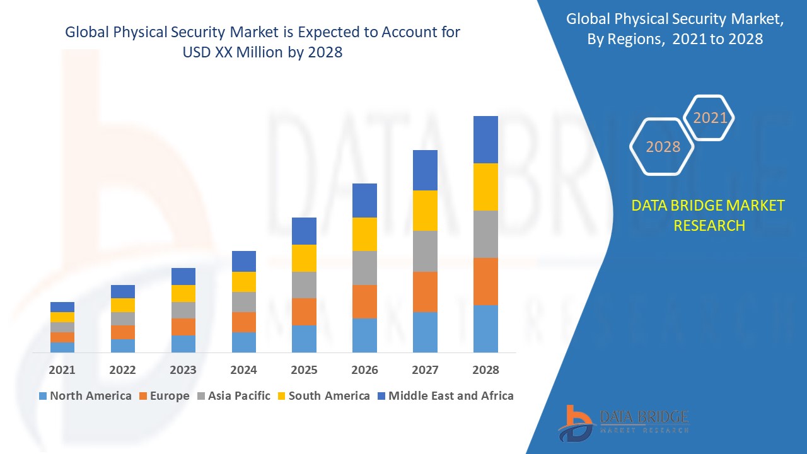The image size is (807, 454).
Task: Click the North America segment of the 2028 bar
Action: [x=485, y=329]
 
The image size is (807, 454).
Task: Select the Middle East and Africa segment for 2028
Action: [x=485, y=139]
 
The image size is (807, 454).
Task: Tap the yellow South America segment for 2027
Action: [x=425, y=210]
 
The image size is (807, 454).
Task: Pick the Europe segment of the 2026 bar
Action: [x=364, y=301]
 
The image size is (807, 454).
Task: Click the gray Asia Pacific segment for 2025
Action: [x=304, y=284]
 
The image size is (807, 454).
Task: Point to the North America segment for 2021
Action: [x=62, y=347]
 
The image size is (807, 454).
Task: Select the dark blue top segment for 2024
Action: [x=244, y=261]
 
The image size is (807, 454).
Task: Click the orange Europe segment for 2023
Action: [x=183, y=327]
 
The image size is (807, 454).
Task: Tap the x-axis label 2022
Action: [x=122, y=370]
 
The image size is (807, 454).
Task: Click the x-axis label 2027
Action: [x=425, y=370]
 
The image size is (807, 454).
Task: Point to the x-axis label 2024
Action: [x=244, y=370]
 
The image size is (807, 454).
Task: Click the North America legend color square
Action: [x=43, y=396]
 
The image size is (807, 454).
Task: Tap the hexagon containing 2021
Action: [x=710, y=118]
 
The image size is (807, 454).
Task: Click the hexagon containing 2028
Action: [x=663, y=147]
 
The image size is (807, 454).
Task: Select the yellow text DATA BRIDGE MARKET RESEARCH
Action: [x=709, y=215]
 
